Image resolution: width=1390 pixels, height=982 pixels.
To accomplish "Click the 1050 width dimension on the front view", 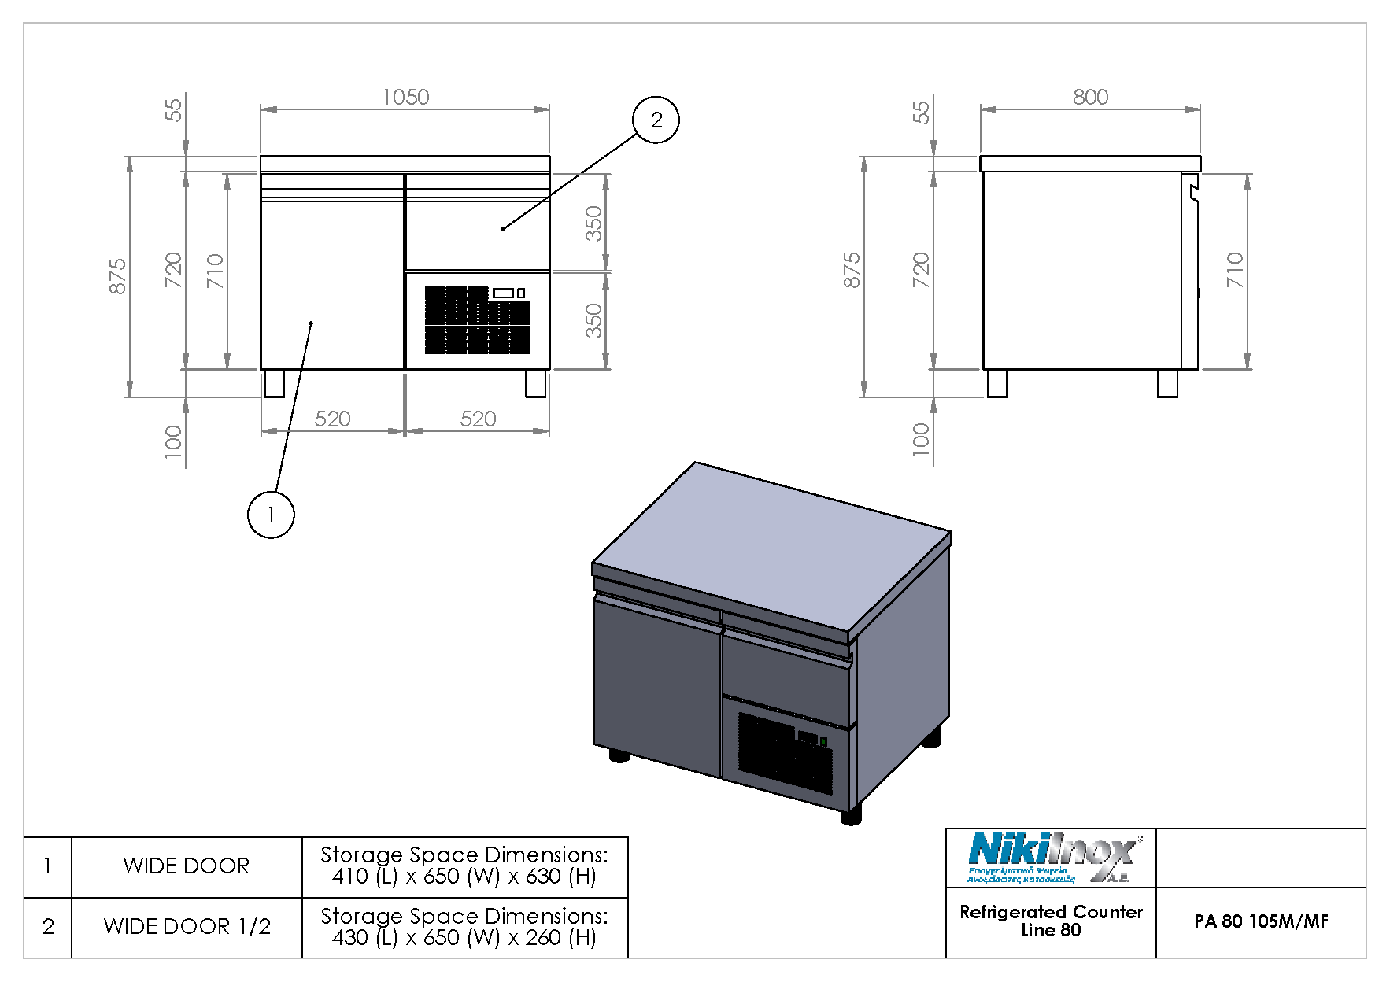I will (405, 97).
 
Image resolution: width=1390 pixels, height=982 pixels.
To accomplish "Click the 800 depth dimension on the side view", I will (1090, 97).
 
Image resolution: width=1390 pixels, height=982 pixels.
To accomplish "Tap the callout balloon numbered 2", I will (656, 120).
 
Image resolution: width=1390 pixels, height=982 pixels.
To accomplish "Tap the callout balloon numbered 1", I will (271, 515).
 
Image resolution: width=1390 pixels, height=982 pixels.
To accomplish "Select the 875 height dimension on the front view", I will (117, 276).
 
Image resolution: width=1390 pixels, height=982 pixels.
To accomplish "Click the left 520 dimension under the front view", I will (332, 419).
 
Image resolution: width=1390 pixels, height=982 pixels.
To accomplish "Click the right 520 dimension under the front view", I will (478, 419).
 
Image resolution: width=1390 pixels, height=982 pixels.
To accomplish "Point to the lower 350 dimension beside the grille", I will (593, 320).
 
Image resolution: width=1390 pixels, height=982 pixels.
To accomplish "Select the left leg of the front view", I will (273, 383).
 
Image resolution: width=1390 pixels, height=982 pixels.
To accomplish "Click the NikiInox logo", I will (1051, 858).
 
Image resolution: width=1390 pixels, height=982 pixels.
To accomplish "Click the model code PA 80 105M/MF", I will (1261, 921).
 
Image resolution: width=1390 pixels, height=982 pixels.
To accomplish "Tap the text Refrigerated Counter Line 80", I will (1051, 921).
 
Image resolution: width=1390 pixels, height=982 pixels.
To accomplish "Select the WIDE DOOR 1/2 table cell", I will (187, 927).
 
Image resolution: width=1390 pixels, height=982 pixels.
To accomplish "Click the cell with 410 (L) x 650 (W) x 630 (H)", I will (464, 866).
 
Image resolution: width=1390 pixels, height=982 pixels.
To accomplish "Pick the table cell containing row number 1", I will (48, 866).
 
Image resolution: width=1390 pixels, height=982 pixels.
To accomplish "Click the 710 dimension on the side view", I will (1234, 270).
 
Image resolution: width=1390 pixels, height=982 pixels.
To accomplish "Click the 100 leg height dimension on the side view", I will (920, 439).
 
